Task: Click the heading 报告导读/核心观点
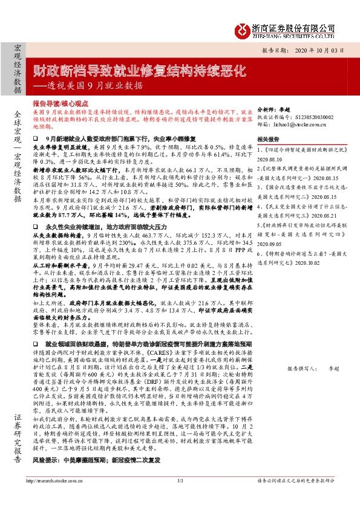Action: (62, 103)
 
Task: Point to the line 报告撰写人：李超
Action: (312, 367)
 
